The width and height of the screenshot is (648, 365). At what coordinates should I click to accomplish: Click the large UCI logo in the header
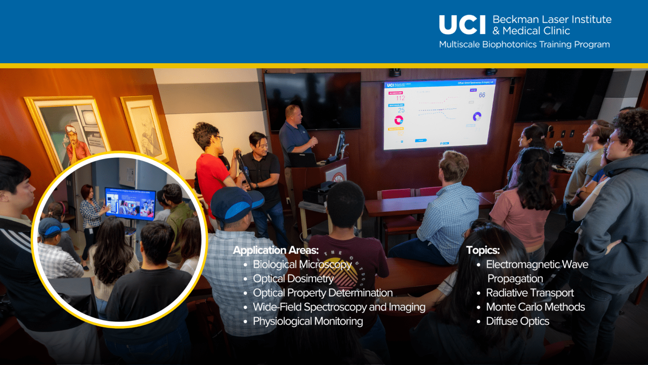[x=462, y=25]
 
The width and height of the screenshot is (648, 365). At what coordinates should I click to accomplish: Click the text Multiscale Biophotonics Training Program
[x=524, y=45]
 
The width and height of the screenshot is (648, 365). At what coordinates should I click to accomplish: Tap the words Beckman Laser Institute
[x=552, y=19]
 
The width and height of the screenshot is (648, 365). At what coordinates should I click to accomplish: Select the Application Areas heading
[x=276, y=250]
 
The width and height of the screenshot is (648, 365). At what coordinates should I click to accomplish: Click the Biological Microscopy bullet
[x=302, y=264]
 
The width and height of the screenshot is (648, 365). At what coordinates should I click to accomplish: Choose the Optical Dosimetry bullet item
[x=293, y=279]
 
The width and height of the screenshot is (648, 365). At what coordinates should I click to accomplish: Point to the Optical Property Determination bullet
[x=322, y=293]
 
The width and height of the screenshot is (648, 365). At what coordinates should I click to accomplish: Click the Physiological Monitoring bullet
[x=308, y=321]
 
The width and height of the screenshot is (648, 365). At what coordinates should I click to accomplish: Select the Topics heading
[x=483, y=250]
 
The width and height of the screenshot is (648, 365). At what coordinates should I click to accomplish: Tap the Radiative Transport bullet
[x=530, y=293]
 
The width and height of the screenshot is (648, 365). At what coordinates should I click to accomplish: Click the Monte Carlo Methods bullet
[x=535, y=307]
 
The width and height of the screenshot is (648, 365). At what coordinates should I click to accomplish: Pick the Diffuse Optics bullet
[x=517, y=321]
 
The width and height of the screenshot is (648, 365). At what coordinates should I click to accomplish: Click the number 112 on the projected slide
[x=400, y=98]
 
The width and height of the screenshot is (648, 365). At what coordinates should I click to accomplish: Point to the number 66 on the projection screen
[x=482, y=95]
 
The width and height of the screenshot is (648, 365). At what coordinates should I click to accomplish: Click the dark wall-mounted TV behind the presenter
[x=313, y=101]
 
